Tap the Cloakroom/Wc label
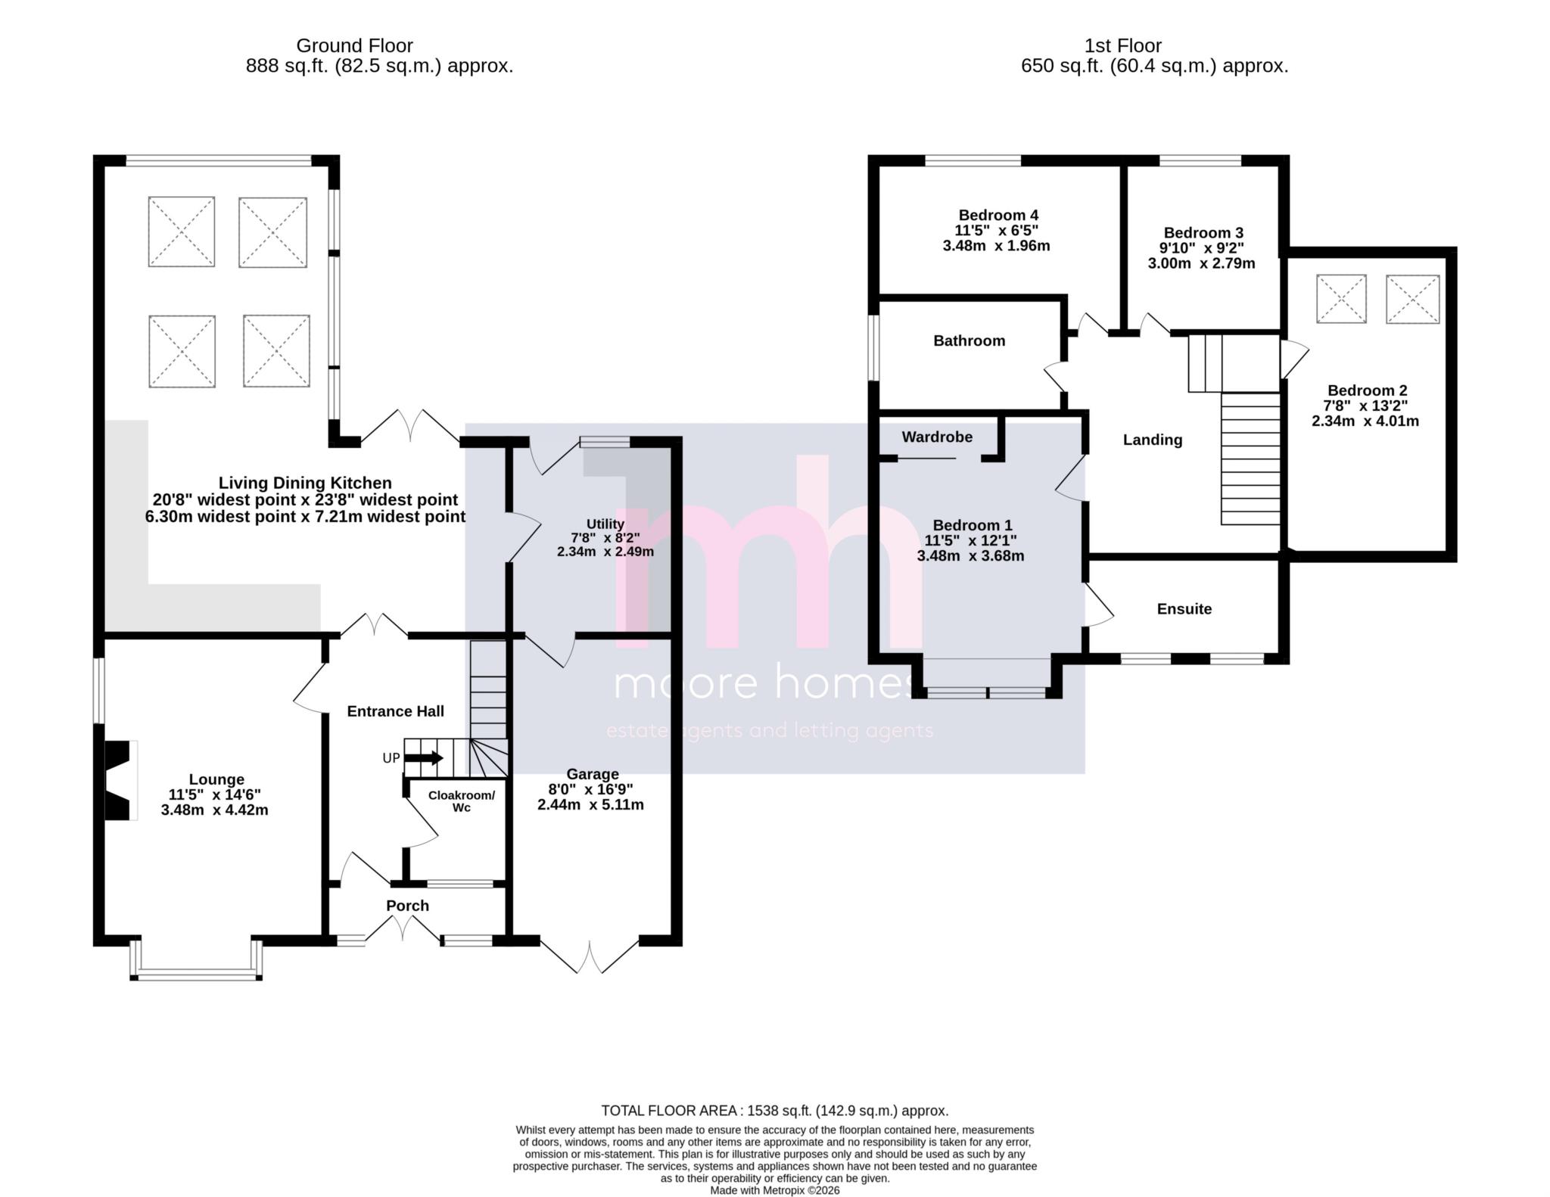click(462, 801)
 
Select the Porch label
click(407, 906)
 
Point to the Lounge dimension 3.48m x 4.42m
click(214, 810)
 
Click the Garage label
click(593, 774)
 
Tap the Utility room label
click(605, 524)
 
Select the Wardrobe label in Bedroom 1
click(937, 437)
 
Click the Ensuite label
click(1184, 609)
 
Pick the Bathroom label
click(969, 340)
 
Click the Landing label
click(1152, 440)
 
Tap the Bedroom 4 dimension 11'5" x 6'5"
click(996, 230)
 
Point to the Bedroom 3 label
click(1203, 232)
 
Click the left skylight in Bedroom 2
click(1341, 300)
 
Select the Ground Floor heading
click(354, 45)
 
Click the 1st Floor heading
click(1122, 45)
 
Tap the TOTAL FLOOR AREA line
click(774, 1111)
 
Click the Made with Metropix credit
click(774, 1190)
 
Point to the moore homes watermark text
click(764, 683)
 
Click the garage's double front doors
click(590, 956)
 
